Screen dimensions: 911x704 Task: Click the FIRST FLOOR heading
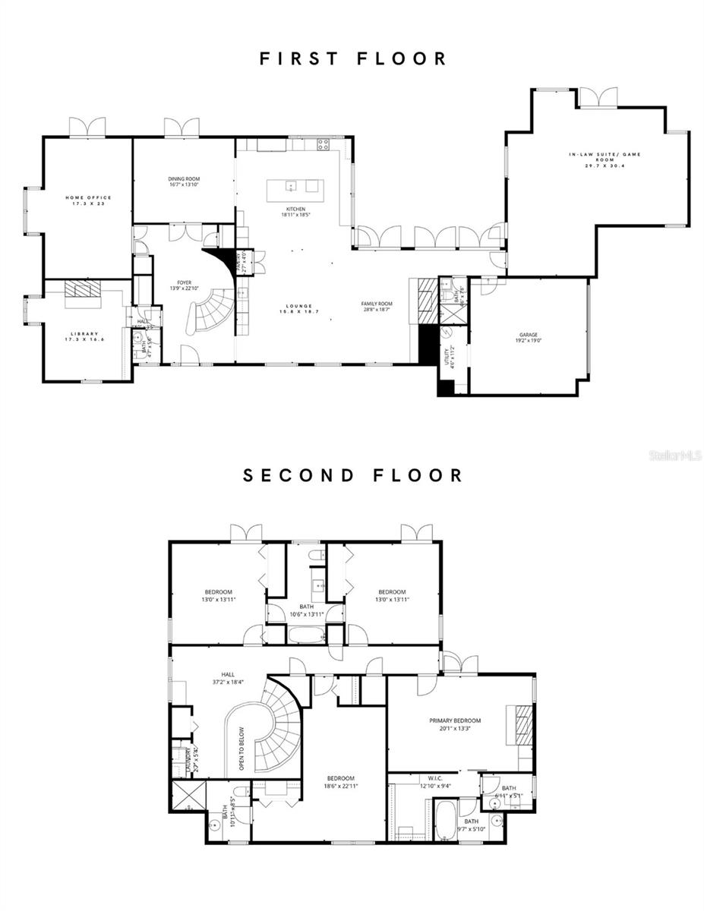(x=353, y=58)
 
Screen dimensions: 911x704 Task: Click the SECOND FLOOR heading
(x=353, y=475)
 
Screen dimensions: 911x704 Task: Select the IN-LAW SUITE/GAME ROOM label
(x=605, y=158)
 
